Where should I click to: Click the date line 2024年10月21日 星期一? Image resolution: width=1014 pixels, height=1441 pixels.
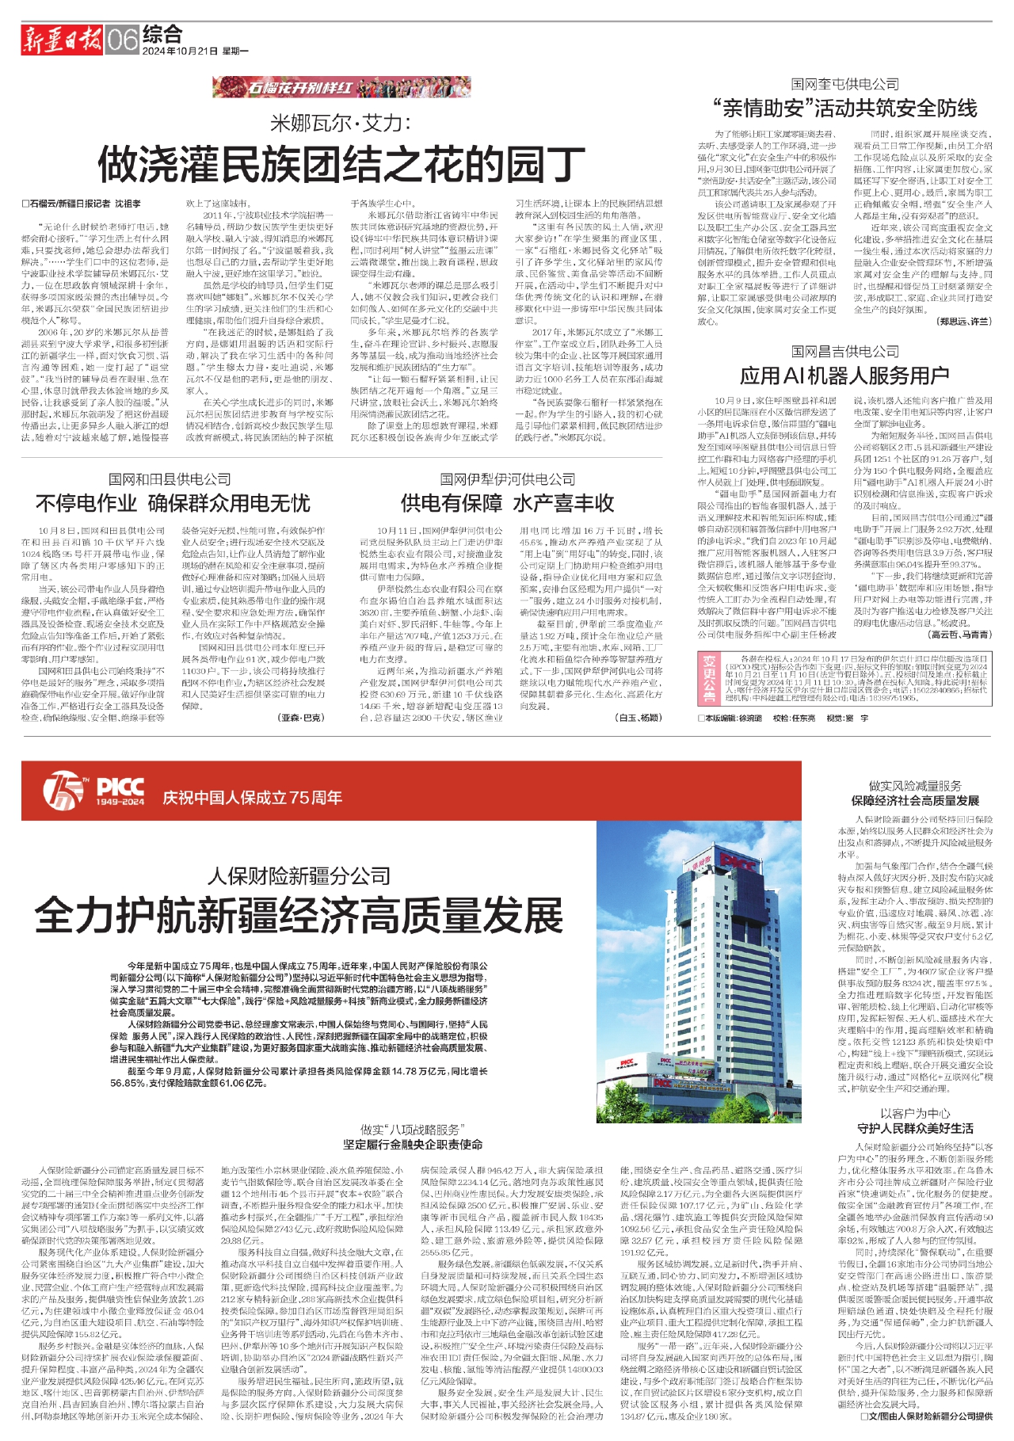tap(195, 51)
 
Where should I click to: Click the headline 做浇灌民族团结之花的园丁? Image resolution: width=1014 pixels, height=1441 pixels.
tap(341, 165)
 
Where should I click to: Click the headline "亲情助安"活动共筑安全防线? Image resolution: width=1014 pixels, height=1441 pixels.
tap(844, 108)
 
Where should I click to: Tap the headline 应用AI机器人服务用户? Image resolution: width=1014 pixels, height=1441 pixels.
tap(844, 375)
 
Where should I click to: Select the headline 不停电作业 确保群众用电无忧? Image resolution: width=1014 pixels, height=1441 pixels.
tap(173, 503)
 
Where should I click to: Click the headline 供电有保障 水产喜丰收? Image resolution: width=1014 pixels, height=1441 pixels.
tap(507, 503)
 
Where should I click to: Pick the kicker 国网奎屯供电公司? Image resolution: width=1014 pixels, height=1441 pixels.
tap(844, 83)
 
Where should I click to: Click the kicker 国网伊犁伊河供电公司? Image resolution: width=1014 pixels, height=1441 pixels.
tap(507, 479)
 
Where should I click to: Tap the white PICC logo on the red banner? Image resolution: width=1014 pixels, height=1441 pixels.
tap(120, 787)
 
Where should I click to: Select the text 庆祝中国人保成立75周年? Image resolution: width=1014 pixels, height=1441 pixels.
tap(252, 797)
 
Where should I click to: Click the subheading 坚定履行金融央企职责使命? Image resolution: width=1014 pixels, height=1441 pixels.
tap(412, 1144)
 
